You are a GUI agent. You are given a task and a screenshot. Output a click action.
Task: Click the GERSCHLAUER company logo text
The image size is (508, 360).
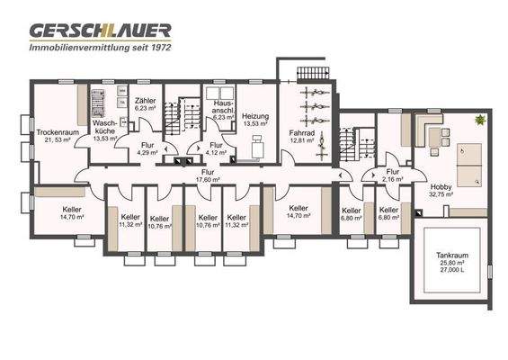[x=100, y=30]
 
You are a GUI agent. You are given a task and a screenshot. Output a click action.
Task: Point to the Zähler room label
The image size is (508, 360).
[x=145, y=101]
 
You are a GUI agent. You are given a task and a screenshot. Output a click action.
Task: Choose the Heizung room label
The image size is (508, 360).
[x=257, y=117]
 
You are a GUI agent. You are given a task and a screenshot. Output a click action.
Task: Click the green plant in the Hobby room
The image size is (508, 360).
[x=481, y=120]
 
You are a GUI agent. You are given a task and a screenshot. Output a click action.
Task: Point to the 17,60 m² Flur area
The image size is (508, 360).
[x=209, y=179]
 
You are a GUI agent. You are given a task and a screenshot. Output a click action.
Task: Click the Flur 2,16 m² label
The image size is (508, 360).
[x=392, y=171]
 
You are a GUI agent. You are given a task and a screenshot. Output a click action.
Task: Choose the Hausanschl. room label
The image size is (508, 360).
[x=224, y=108]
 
